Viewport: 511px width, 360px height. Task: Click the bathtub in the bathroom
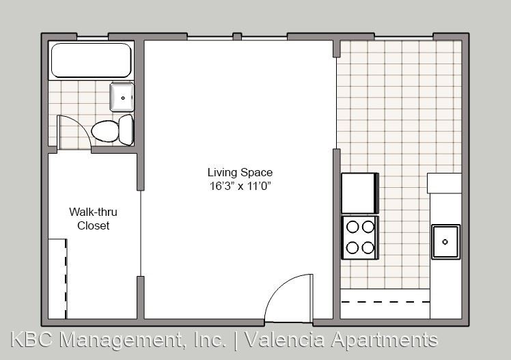click(x=92, y=60)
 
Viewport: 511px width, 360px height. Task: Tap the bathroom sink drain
click(x=123, y=98)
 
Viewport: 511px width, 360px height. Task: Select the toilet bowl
click(x=105, y=131)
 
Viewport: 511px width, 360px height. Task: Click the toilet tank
click(x=126, y=130)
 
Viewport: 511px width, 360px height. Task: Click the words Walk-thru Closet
click(x=93, y=219)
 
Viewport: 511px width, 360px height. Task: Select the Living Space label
click(x=240, y=172)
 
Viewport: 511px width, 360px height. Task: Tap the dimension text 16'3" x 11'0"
click(x=241, y=186)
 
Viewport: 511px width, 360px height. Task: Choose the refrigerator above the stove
click(x=360, y=193)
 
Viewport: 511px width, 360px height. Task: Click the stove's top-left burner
click(x=353, y=227)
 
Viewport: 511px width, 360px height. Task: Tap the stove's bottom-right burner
click(x=368, y=248)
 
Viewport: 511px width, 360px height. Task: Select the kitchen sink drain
click(x=445, y=242)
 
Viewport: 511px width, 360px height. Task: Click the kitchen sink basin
click(x=446, y=242)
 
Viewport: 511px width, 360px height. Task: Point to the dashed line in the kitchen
click(x=385, y=302)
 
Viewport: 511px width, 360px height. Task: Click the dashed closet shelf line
click(x=66, y=279)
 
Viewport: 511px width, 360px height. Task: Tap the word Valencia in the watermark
click(x=284, y=340)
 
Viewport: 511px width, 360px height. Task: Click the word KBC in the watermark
click(x=31, y=340)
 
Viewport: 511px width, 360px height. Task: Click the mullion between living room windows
click(x=237, y=36)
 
